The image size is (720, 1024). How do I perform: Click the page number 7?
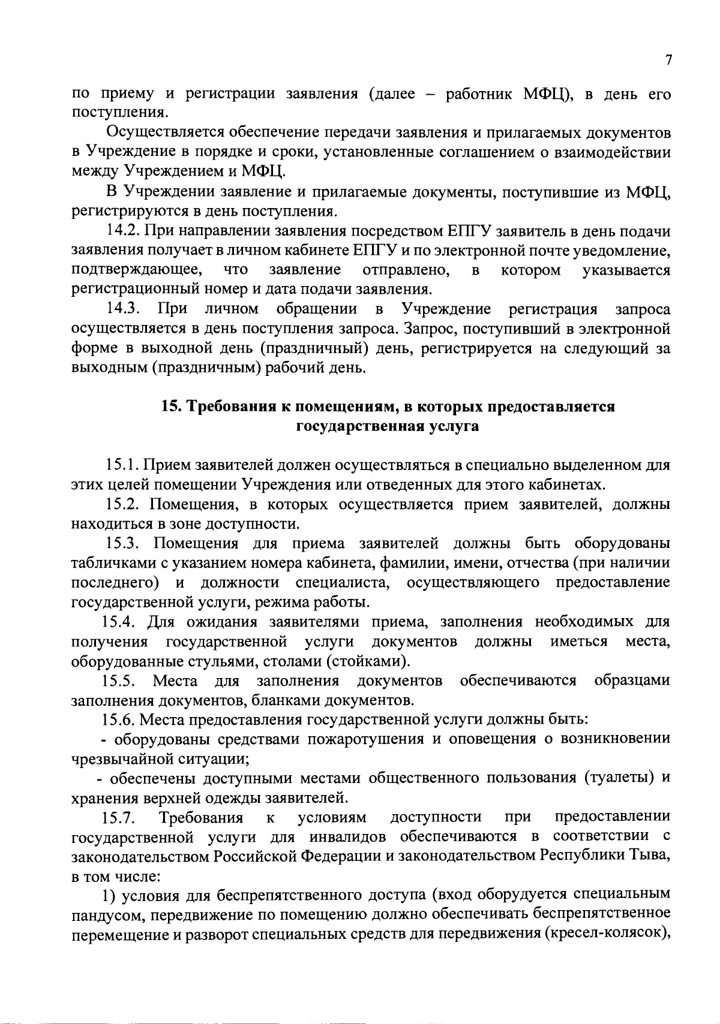point(668,60)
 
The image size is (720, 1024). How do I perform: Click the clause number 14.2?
point(123,231)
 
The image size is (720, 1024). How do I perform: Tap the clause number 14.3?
point(124,309)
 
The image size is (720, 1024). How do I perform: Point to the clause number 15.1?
point(123,465)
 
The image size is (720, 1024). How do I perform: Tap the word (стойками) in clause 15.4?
point(368,661)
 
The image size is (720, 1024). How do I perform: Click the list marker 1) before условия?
point(107,896)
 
